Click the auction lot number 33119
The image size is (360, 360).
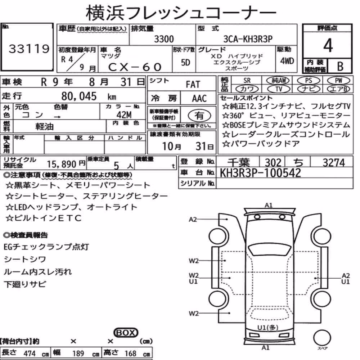pyautogui.click(x=29, y=49)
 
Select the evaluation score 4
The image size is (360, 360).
pyautogui.click(x=328, y=45)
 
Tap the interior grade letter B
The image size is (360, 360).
pyautogui.click(x=340, y=67)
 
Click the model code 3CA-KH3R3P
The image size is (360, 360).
pyautogui.click(x=248, y=39)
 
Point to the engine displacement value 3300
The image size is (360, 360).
pyautogui.click(x=164, y=39)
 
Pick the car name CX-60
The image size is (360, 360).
pyautogui.click(x=135, y=67)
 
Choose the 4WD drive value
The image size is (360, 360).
pyautogui.click(x=287, y=61)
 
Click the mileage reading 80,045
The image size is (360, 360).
pyautogui.click(x=79, y=96)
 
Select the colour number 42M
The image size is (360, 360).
pyautogui.click(x=124, y=114)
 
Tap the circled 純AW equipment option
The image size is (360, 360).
pyautogui.click(x=278, y=80)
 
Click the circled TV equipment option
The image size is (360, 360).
pyautogui.click(x=279, y=89)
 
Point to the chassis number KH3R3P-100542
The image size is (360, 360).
pyautogui.click(x=260, y=173)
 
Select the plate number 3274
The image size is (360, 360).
pyautogui.click(x=334, y=163)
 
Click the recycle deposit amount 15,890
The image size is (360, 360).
pyautogui.click(x=62, y=164)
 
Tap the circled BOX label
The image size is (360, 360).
pyautogui.click(x=126, y=332)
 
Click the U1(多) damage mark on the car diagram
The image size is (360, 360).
pyautogui.click(x=268, y=328)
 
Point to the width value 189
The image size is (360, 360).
pyautogui.click(x=78, y=353)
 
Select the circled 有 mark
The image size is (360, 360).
pyautogui.click(x=199, y=116)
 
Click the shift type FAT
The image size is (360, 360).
pyautogui.click(x=193, y=85)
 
